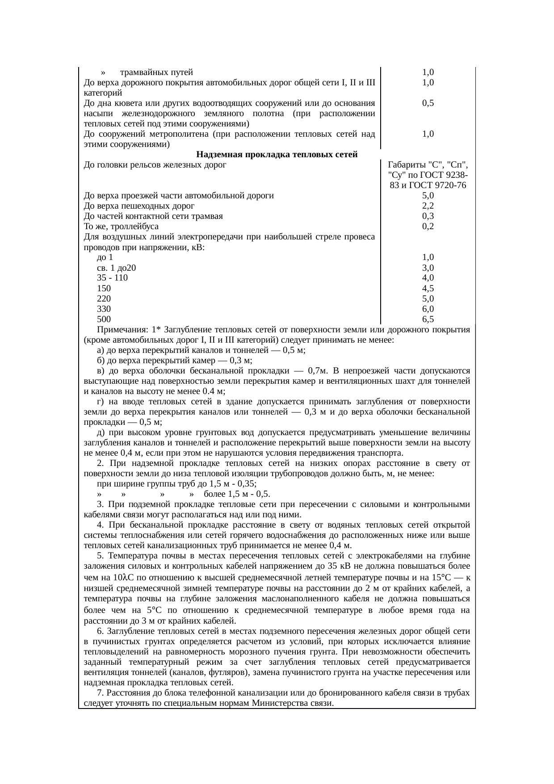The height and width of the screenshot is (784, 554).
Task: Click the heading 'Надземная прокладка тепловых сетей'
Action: [277, 155]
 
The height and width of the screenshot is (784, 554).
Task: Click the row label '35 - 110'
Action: [112, 278]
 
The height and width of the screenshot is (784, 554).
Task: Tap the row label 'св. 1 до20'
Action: [116, 268]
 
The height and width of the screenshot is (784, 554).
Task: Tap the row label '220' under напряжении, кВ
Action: [104, 299]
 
